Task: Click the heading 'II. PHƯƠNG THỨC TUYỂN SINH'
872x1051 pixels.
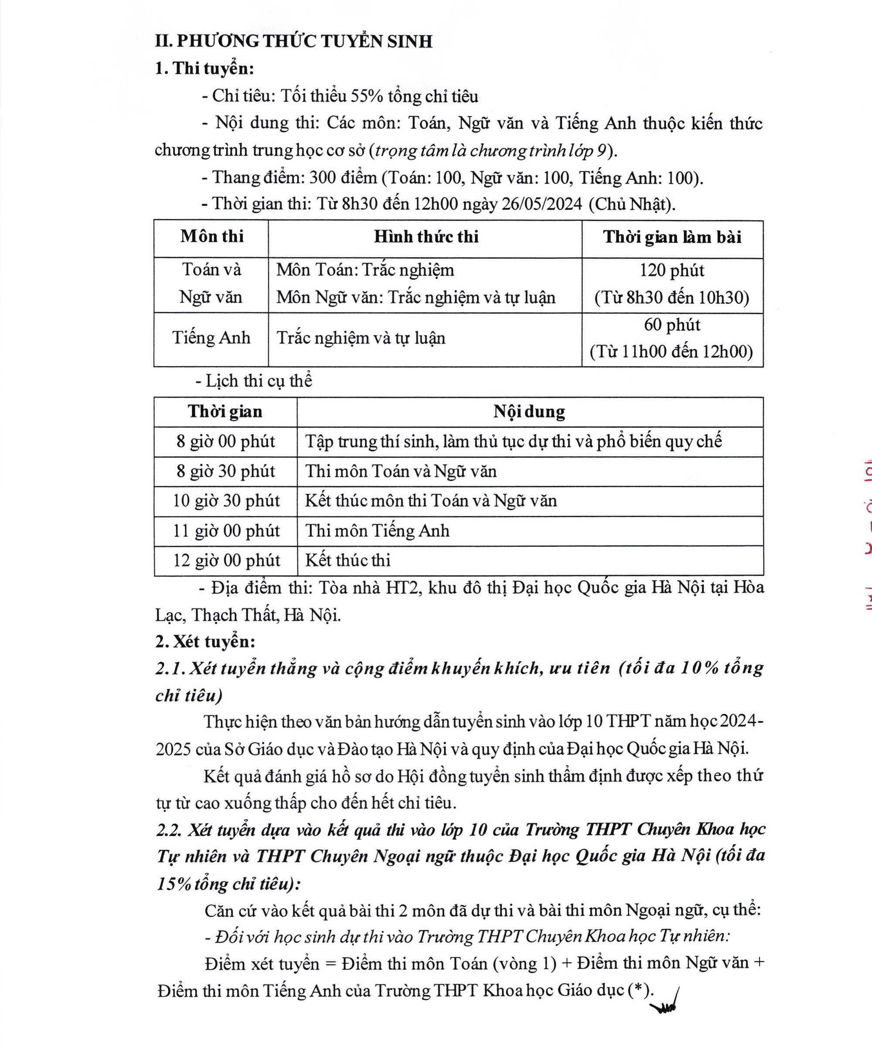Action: pyautogui.click(x=293, y=41)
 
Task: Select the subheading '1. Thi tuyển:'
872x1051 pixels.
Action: pyautogui.click(x=204, y=68)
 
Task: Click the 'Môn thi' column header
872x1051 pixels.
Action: pyautogui.click(x=212, y=236)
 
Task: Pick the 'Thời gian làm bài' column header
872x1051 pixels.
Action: pyautogui.click(x=672, y=237)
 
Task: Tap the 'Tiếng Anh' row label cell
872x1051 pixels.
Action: pyautogui.click(x=211, y=338)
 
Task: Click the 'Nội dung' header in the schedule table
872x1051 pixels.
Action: pyautogui.click(x=529, y=411)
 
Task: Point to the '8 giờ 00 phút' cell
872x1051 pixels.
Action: pyautogui.click(x=225, y=441)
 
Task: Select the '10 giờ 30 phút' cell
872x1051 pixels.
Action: pyautogui.click(x=226, y=501)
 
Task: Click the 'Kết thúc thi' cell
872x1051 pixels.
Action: pyautogui.click(x=347, y=560)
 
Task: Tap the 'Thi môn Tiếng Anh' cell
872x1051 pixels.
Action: pyautogui.click(x=377, y=530)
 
